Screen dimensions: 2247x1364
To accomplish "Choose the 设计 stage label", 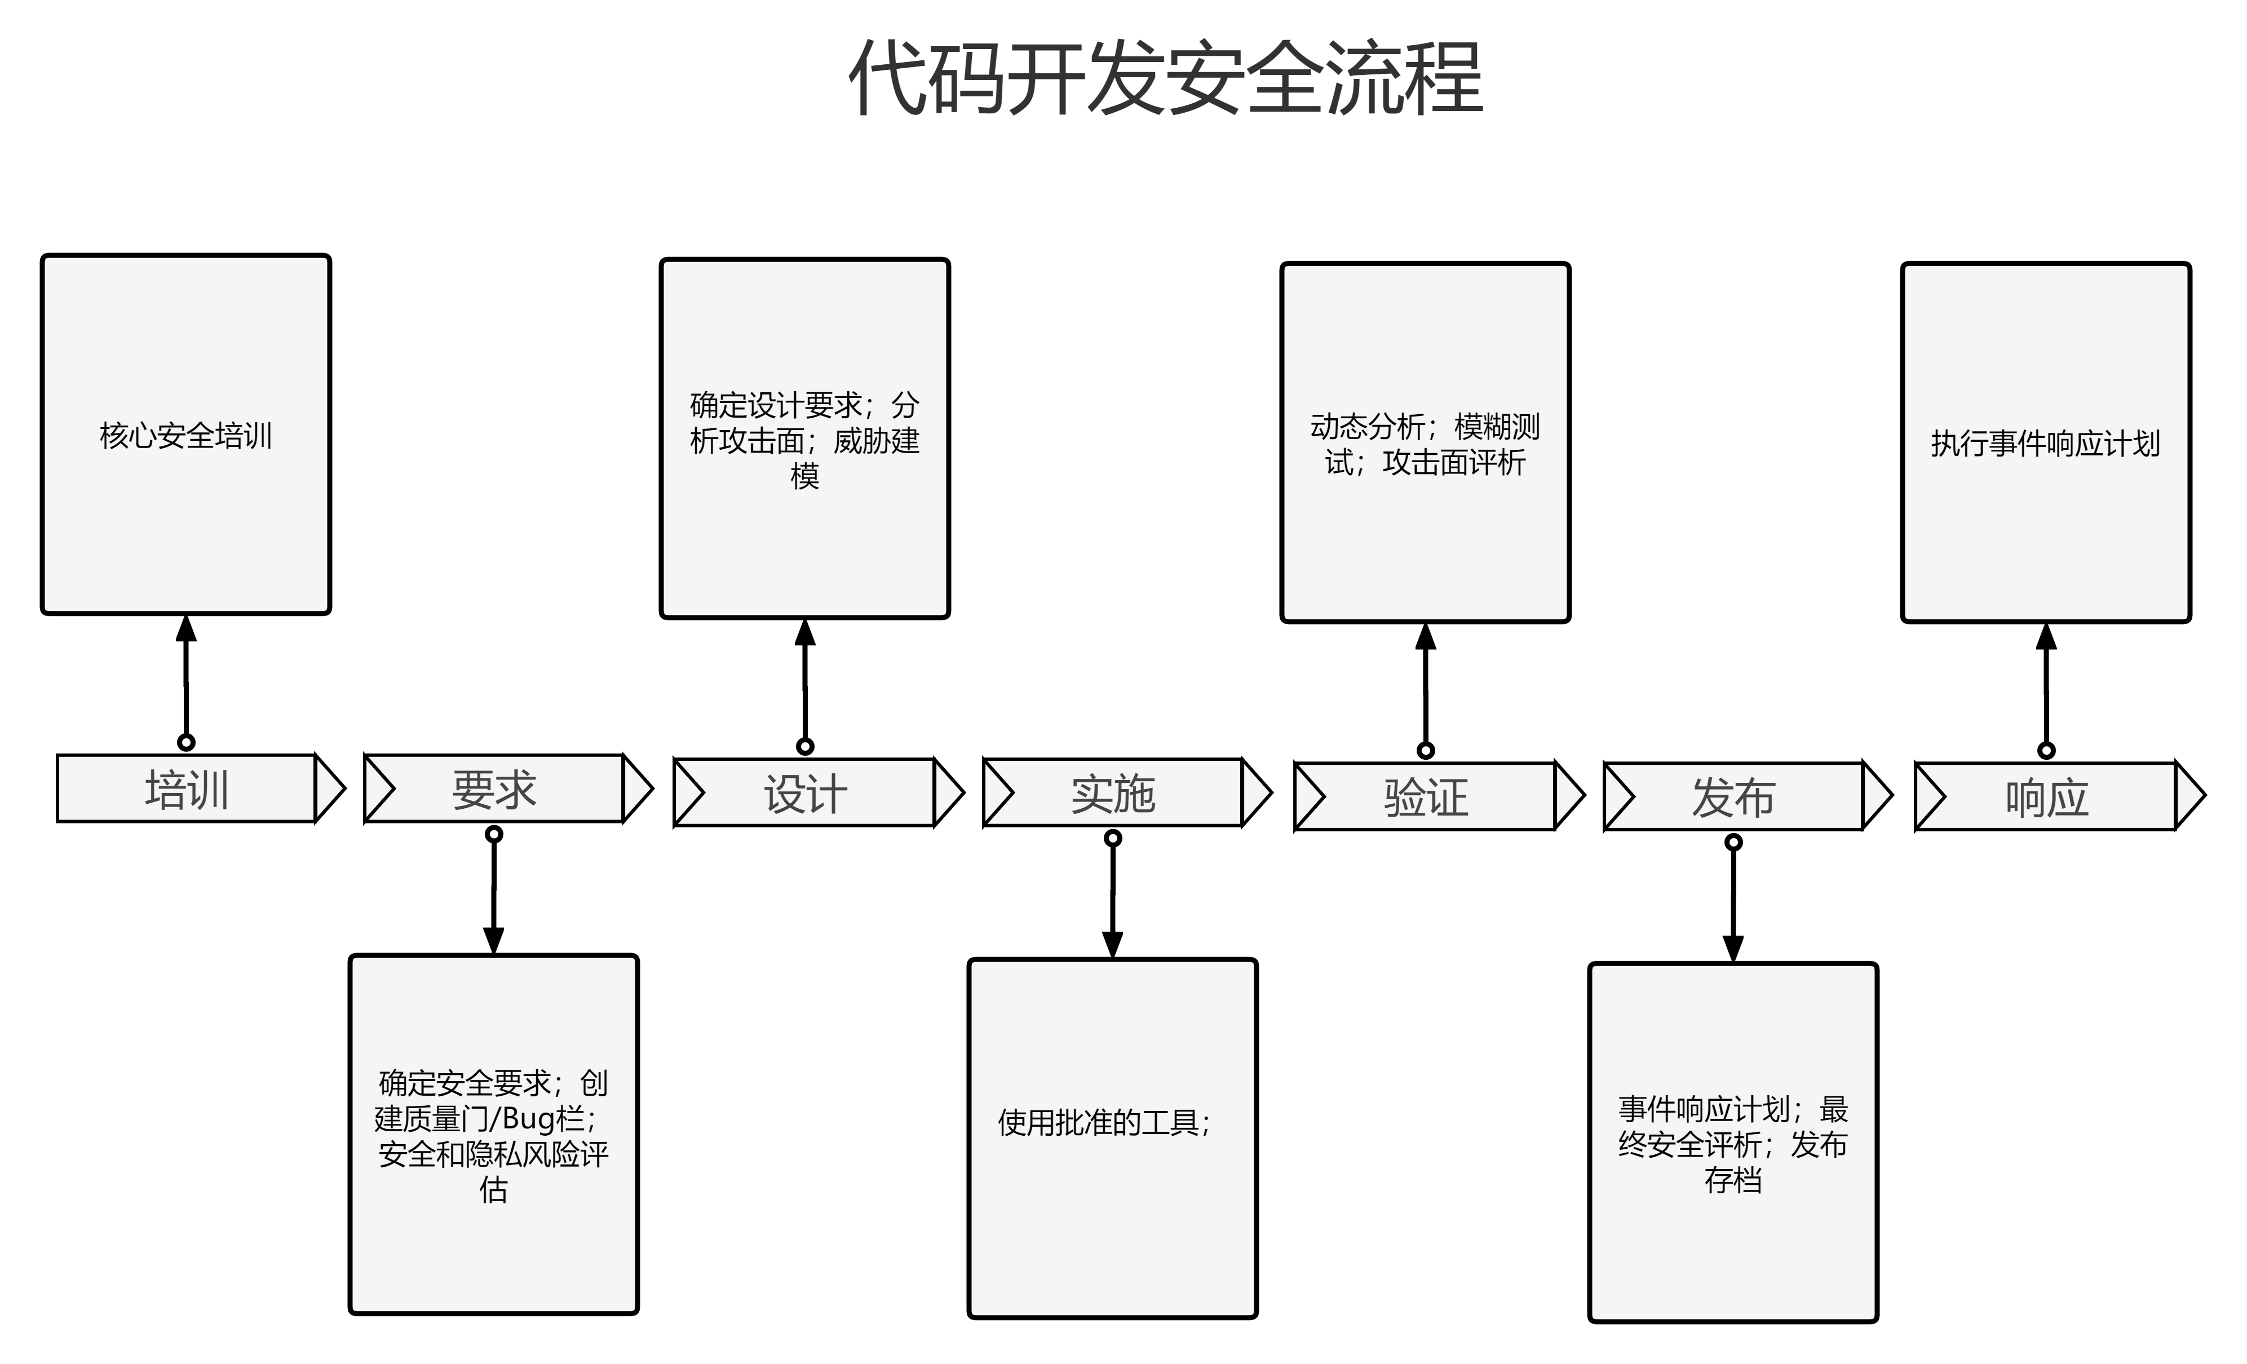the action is pyautogui.click(x=805, y=793).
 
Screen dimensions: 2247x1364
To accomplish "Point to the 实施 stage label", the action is pyautogui.click(x=1113, y=793).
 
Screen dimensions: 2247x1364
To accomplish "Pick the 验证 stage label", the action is pyautogui.click(x=1425, y=798).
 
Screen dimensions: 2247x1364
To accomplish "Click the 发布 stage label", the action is pyautogui.click(x=1733, y=798).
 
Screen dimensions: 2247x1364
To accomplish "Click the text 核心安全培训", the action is pyautogui.click(x=186, y=436).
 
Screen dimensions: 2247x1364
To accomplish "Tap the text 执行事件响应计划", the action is pyautogui.click(x=2045, y=444).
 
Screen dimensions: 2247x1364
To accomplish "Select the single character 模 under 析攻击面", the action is pyautogui.click(x=804, y=476).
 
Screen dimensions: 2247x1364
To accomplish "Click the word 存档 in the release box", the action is pyautogui.click(x=1733, y=1180).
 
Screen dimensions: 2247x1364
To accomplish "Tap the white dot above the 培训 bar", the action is pyautogui.click(x=186, y=742).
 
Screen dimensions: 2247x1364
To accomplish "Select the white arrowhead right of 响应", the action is pyautogui.click(x=2188, y=796).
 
